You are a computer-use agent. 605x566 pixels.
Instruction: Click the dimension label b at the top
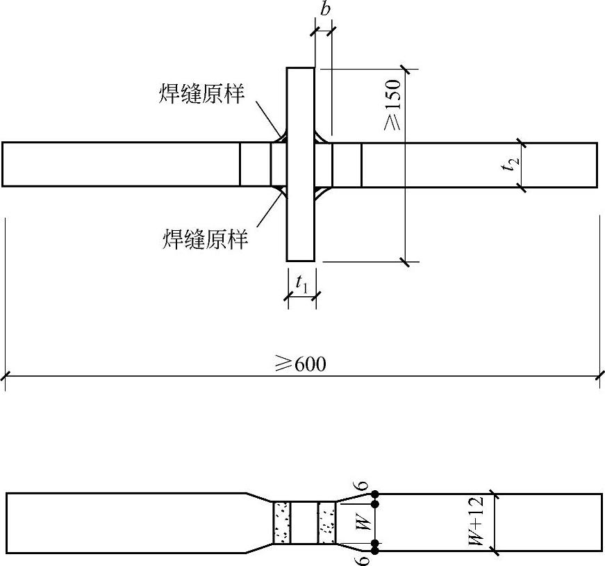tap(325, 9)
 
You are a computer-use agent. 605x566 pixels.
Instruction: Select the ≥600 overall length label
tap(301, 364)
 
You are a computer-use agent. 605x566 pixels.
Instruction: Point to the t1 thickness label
tap(302, 284)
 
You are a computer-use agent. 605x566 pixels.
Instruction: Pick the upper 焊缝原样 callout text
tap(201, 94)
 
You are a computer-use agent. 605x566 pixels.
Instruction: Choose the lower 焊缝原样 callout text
tap(205, 239)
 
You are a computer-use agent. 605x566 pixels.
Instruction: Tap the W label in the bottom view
tap(364, 522)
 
